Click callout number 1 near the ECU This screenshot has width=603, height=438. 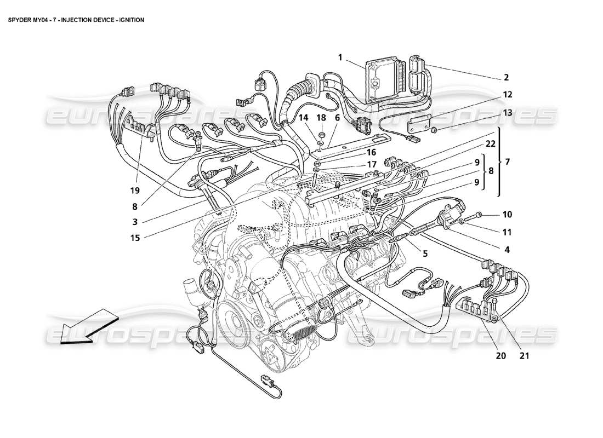340,57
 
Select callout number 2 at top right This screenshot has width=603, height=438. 507,77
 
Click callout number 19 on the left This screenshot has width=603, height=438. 135,191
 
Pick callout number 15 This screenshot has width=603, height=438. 135,237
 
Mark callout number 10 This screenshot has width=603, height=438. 507,215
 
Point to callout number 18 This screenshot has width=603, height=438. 321,118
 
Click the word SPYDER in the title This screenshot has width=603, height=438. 22,20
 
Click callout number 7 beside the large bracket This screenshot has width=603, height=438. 507,162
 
